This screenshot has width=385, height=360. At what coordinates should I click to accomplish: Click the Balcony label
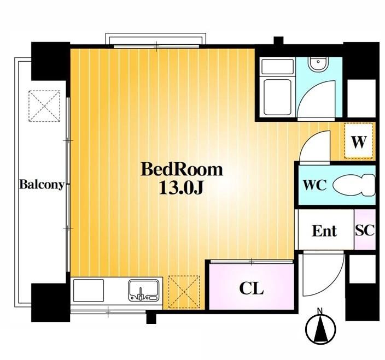coord(42,184)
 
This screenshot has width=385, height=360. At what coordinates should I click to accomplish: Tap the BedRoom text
coord(182,169)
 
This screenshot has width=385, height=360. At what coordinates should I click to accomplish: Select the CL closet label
coord(251,288)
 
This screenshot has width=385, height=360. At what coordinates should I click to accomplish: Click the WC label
coord(314,185)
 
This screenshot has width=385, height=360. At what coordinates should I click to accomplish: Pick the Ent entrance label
coord(324,231)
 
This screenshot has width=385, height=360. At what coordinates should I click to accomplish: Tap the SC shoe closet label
coord(365,231)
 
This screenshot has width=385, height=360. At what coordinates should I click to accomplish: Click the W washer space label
coord(359,143)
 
